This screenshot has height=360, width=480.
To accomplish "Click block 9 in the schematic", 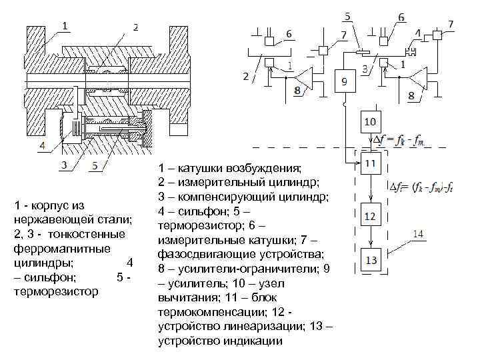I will [x=344, y=81].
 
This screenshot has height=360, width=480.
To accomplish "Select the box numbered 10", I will [x=370, y=122].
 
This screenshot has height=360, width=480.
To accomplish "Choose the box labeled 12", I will [x=370, y=215].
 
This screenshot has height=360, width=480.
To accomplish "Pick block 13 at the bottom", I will [x=370, y=259].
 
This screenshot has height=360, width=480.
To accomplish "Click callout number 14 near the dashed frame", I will [x=418, y=233].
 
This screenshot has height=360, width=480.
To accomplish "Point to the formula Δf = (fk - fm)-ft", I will [x=427, y=188].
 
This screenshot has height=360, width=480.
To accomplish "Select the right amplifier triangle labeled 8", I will [x=419, y=79].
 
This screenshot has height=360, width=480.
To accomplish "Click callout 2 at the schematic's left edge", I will [x=246, y=76].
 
